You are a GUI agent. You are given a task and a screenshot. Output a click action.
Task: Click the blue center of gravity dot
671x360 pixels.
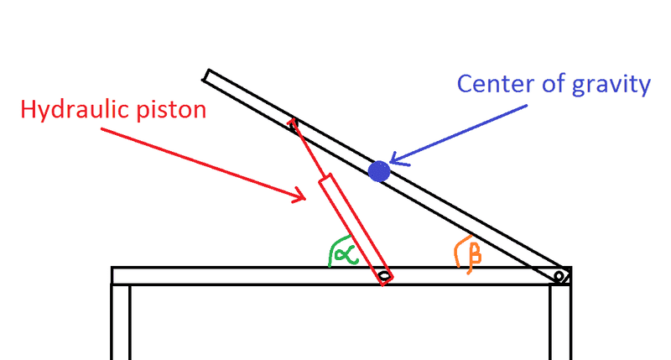(379, 171)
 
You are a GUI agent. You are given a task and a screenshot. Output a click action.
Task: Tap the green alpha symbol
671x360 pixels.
(344, 252)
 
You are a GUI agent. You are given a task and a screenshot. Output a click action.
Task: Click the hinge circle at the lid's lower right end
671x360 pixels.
(559, 275)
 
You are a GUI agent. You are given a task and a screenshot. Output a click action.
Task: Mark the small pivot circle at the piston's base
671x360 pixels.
(383, 275)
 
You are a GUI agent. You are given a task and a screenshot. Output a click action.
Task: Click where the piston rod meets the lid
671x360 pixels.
(292, 123)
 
